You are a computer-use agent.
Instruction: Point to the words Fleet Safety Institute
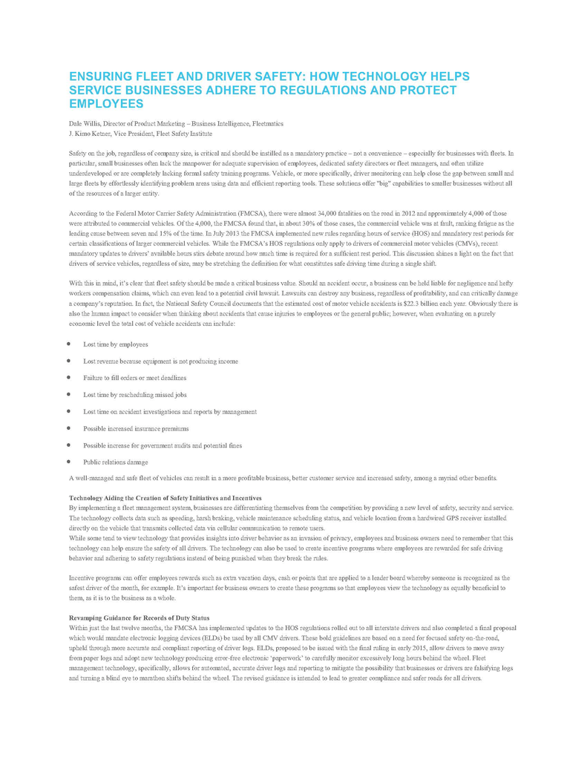tap(188, 134)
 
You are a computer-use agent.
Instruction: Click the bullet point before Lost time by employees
tap(68, 344)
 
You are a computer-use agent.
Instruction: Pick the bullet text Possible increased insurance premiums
tap(136, 428)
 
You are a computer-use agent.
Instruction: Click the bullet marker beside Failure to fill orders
tap(68, 378)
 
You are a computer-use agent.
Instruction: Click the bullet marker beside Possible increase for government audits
tap(68, 445)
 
